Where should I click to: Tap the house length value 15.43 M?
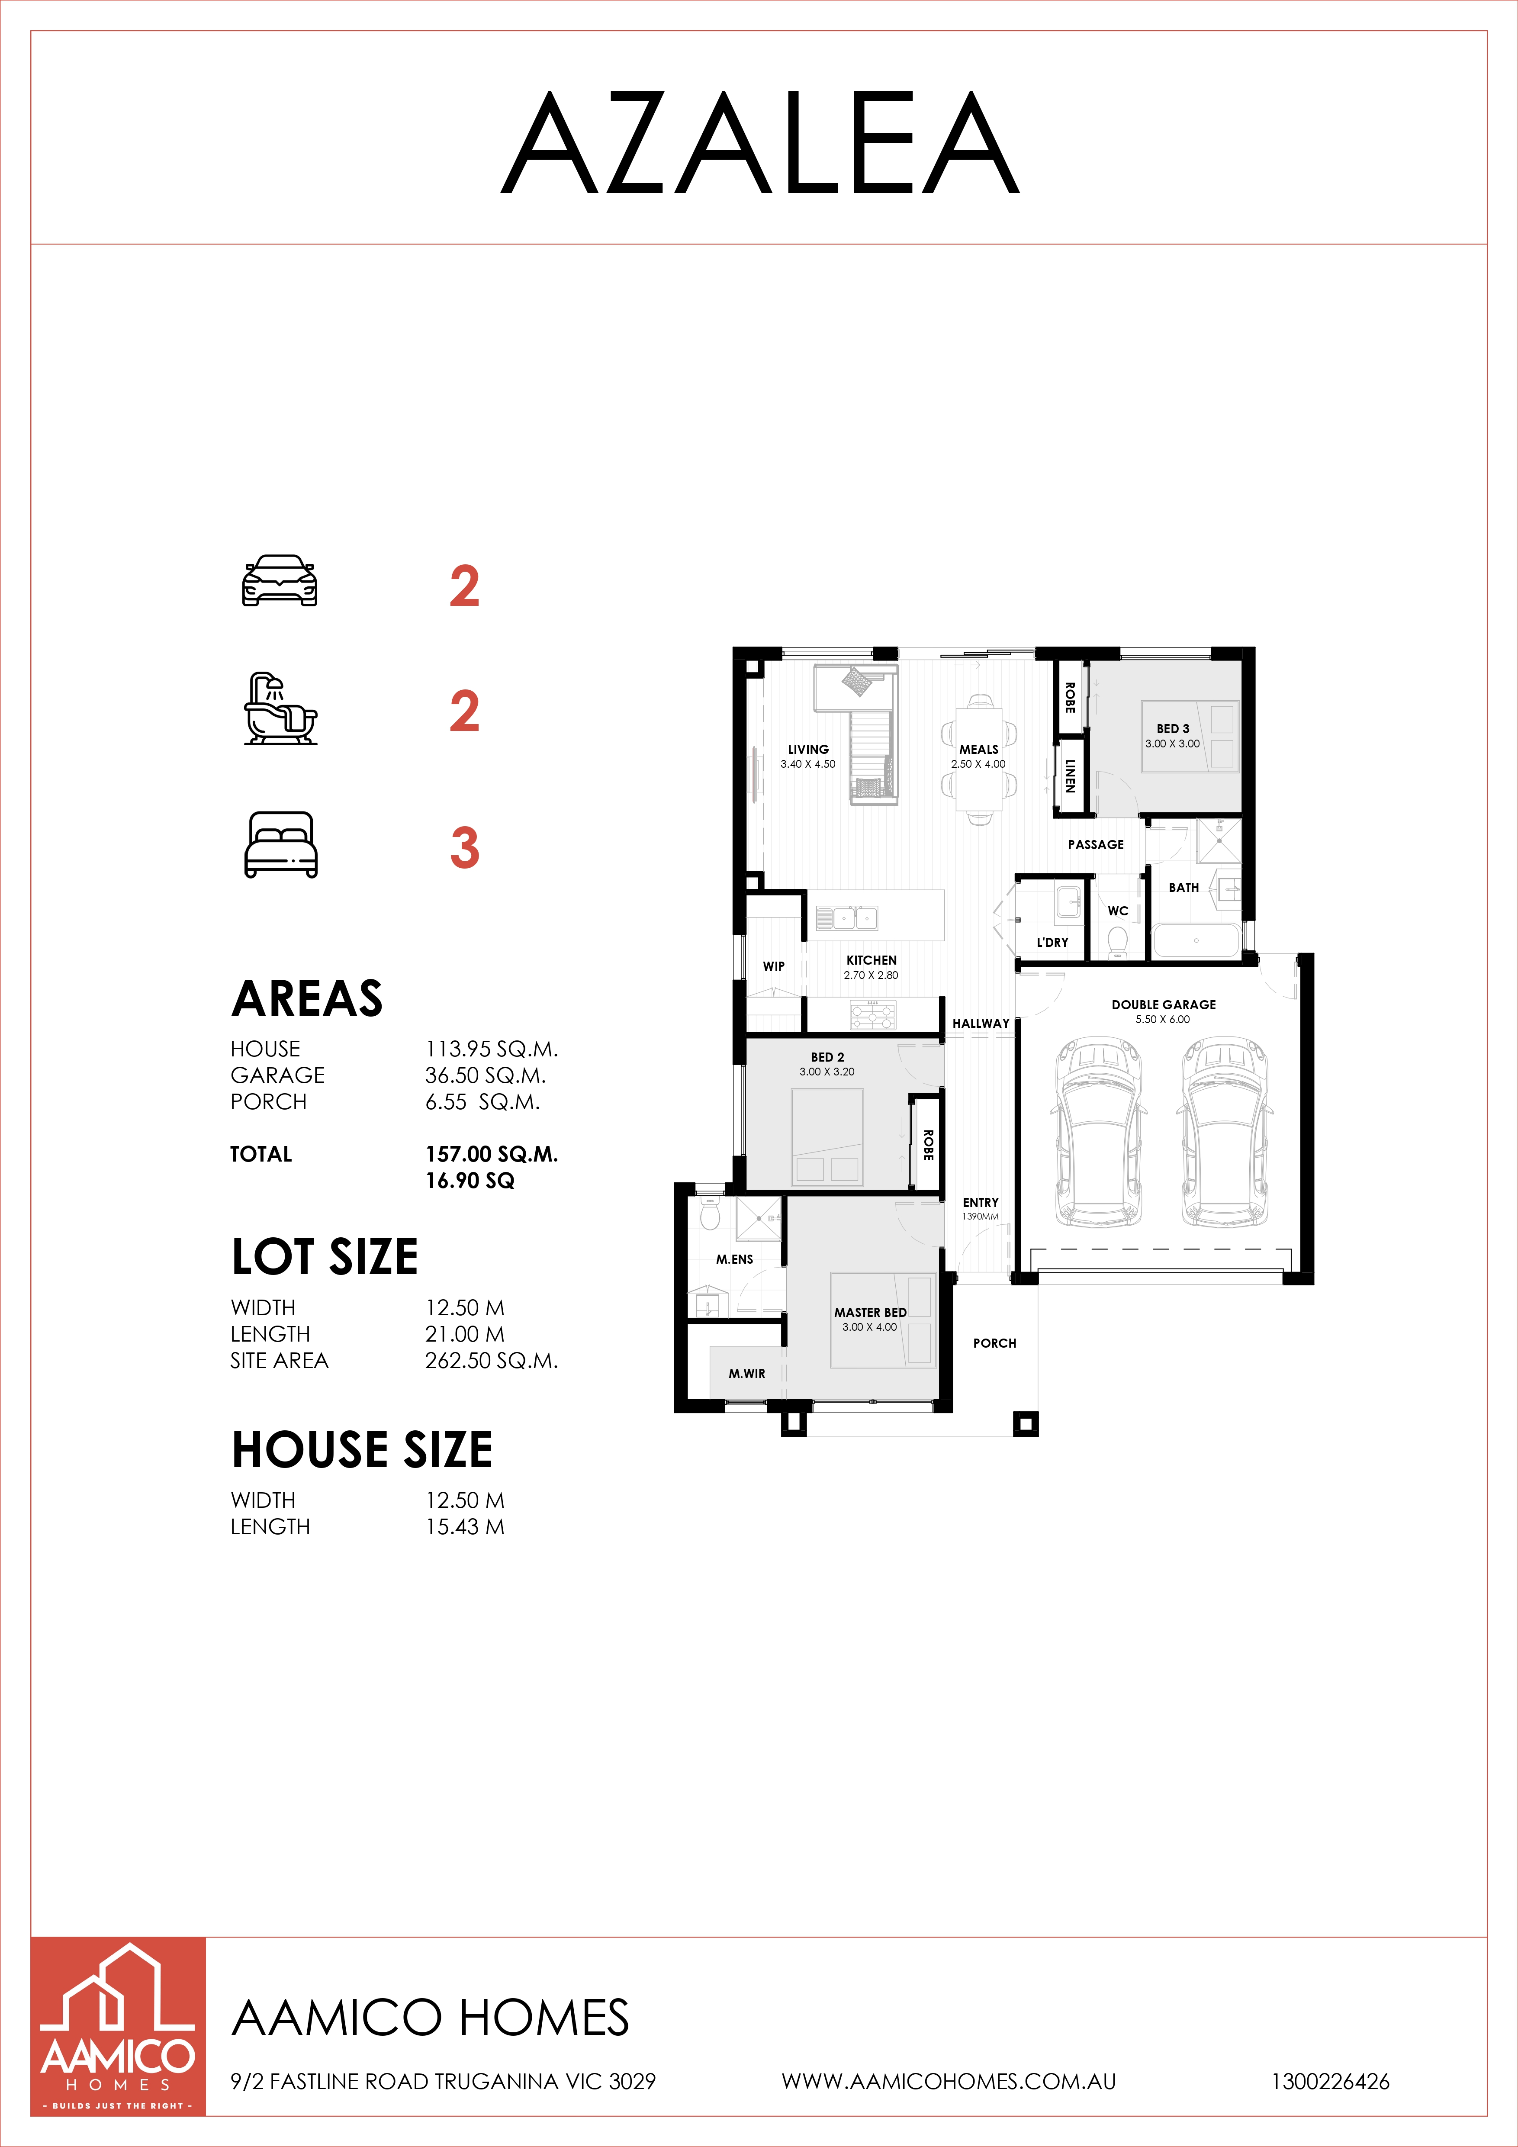pyautogui.click(x=465, y=1527)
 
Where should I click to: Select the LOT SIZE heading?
pyautogui.click(x=325, y=1257)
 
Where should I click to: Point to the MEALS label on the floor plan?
pyautogui.click(x=979, y=749)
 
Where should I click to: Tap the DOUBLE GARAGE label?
pyautogui.click(x=1164, y=1004)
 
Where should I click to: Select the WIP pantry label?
pyautogui.click(x=774, y=966)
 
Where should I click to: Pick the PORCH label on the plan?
pyautogui.click(x=994, y=1343)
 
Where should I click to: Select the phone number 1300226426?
pyautogui.click(x=1330, y=2082)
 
